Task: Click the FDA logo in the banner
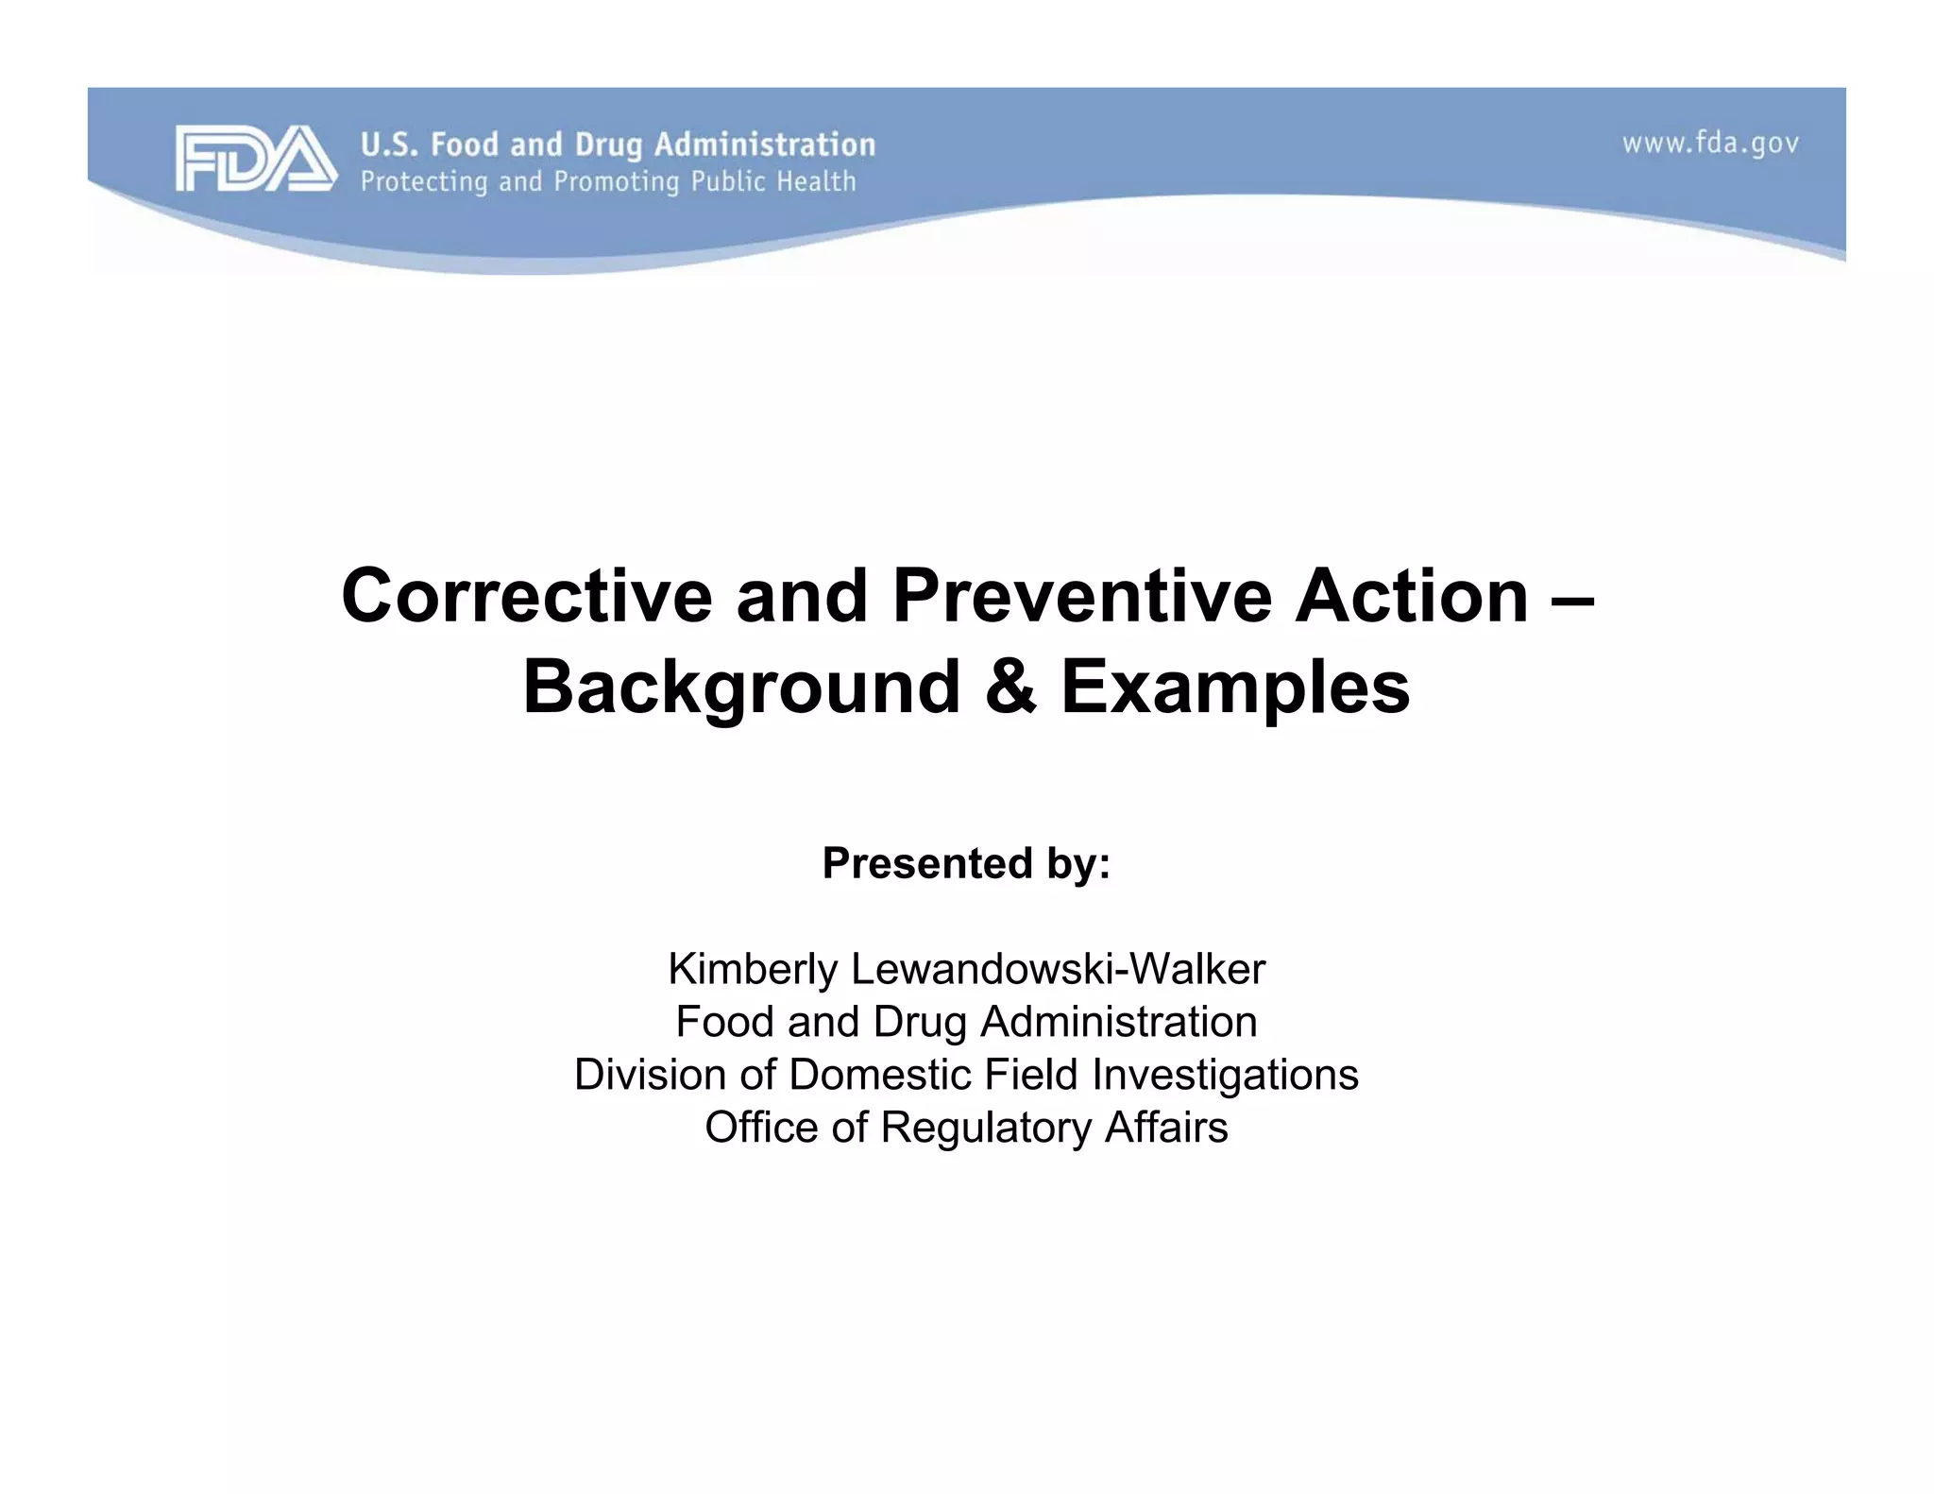(255, 159)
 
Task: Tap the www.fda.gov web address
(1710, 144)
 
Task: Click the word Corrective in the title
(526, 596)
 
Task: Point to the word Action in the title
(1411, 596)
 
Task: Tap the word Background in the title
(741, 688)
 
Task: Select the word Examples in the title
(1235, 688)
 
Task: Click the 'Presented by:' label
(966, 863)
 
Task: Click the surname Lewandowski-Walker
(1058, 969)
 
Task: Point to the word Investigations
(1225, 1075)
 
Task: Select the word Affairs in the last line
(1166, 1128)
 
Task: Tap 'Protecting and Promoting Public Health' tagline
(608, 181)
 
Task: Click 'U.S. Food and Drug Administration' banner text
(618, 144)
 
